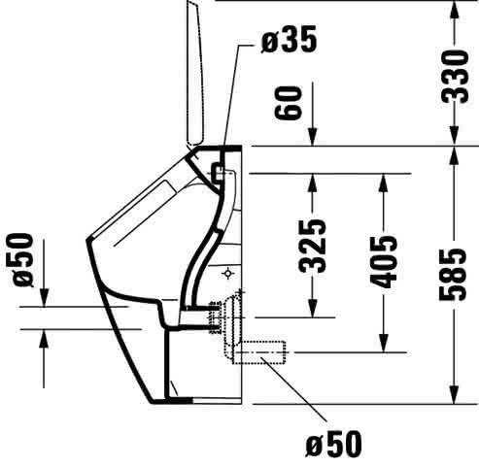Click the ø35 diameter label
(289, 39)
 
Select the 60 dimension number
(288, 103)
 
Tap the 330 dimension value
(455, 77)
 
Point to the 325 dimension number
(312, 247)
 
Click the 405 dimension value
(384, 262)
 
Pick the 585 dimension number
(453, 275)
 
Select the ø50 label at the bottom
(334, 444)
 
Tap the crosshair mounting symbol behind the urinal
(228, 274)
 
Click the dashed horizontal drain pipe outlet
(259, 352)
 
